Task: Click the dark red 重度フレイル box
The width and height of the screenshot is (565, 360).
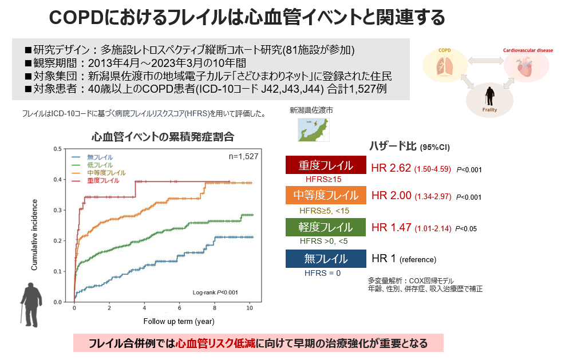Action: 325,166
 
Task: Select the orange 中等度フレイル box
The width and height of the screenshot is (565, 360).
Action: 325,196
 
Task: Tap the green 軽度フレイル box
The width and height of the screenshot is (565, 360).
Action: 325,227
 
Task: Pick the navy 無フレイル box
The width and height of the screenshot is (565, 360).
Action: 325,259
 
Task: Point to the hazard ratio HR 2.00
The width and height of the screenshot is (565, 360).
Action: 391,196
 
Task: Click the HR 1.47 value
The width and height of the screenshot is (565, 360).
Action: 391,227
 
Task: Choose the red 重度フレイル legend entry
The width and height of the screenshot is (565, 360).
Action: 103,180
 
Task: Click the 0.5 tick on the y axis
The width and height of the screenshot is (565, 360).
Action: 57,149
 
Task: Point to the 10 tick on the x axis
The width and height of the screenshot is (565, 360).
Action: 249,308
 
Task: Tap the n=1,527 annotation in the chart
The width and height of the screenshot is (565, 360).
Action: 243,156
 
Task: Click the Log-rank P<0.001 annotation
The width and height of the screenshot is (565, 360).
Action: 215,292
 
